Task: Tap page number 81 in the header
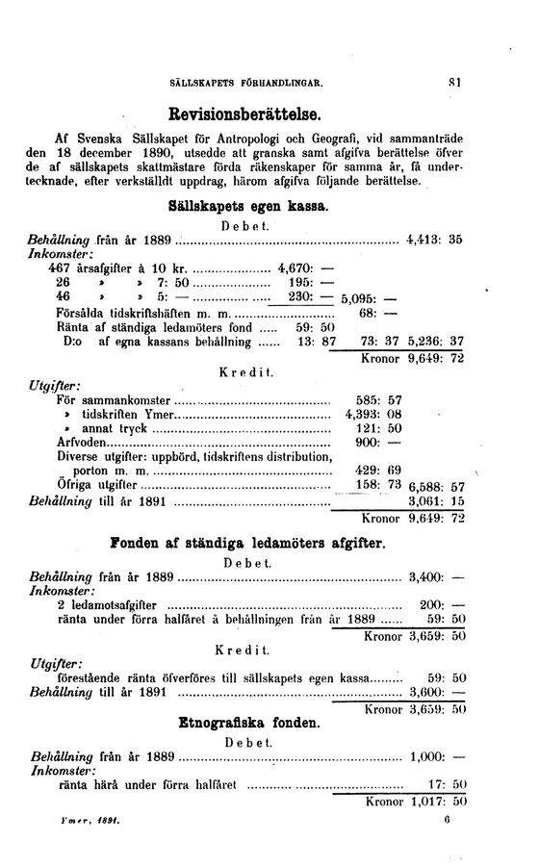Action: tap(457, 84)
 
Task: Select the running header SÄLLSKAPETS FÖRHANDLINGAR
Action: tap(251, 85)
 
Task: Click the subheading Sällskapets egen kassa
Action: tap(249, 207)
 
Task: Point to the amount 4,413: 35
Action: tap(437, 239)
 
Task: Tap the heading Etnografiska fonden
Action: tap(249, 721)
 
